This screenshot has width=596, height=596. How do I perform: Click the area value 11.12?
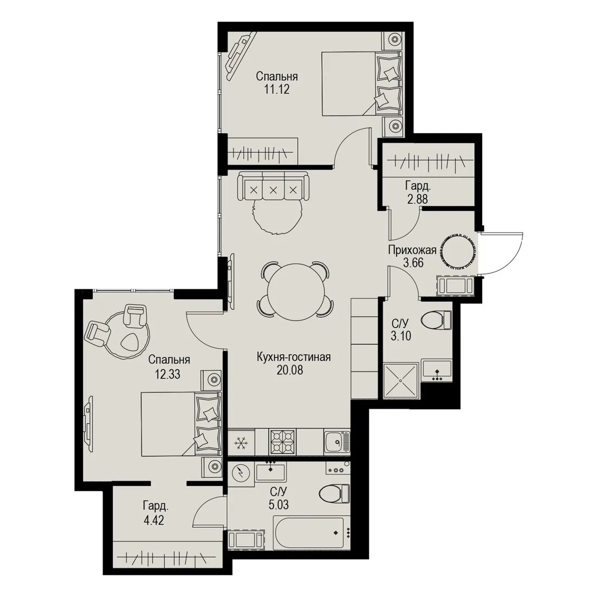[x=277, y=89]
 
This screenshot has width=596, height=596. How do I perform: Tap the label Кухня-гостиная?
[x=294, y=357]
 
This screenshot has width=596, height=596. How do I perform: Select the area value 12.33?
[x=167, y=374]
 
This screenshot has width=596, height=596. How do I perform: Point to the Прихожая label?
[x=412, y=250]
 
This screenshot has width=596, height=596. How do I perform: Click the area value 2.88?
[x=417, y=199]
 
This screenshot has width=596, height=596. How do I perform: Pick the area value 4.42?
[x=153, y=520]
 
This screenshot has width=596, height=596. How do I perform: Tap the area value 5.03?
[x=278, y=504]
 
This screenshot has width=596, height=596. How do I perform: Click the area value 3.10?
[x=401, y=336]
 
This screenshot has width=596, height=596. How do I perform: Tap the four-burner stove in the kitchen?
[x=282, y=442]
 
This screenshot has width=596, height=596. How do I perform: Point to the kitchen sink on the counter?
[x=337, y=442]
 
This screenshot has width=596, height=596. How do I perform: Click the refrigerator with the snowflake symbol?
[x=241, y=442]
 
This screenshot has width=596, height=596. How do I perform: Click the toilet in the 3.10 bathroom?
[x=436, y=320]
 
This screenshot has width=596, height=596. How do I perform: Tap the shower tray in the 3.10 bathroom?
[x=400, y=380]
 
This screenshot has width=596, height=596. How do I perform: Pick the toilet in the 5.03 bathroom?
[x=334, y=494]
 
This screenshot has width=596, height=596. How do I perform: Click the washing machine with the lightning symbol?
[x=240, y=473]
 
